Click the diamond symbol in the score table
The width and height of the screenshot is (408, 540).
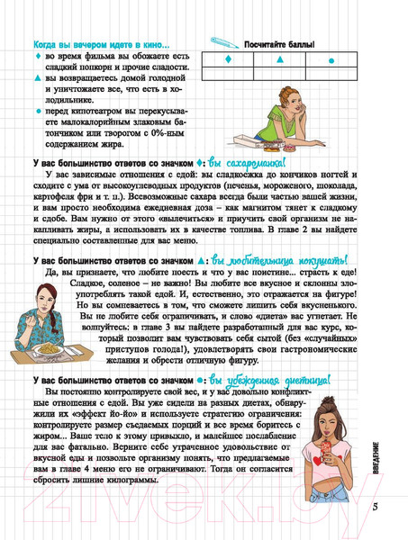pos(228,60)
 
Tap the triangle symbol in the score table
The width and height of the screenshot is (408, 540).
pos(280,60)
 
